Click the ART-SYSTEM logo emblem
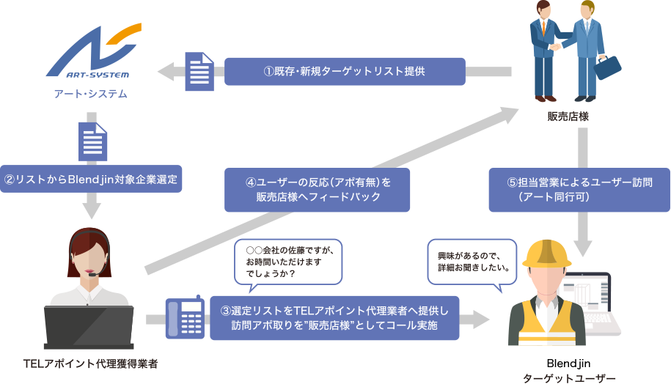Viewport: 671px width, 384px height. click(94, 51)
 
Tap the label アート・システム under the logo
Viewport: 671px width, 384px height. click(91, 94)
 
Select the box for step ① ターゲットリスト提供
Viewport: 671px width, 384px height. click(345, 71)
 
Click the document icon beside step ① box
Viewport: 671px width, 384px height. click(199, 71)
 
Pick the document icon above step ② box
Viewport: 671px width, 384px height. click(92, 141)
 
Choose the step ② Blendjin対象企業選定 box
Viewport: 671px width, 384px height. click(91, 179)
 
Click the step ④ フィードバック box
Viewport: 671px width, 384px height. click(317, 189)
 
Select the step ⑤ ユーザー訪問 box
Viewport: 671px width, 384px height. click(579, 189)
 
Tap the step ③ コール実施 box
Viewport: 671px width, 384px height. click(334, 318)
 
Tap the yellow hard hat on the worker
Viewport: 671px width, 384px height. click(547, 254)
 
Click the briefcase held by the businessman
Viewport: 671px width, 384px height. click(606, 67)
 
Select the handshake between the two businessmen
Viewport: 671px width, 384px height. click(555, 45)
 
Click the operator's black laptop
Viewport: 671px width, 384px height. click(89, 327)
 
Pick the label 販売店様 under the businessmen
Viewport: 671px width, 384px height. click(568, 117)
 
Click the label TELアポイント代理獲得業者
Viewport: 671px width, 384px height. click(91, 363)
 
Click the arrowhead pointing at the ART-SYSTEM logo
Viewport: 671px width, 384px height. click(166, 71)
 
